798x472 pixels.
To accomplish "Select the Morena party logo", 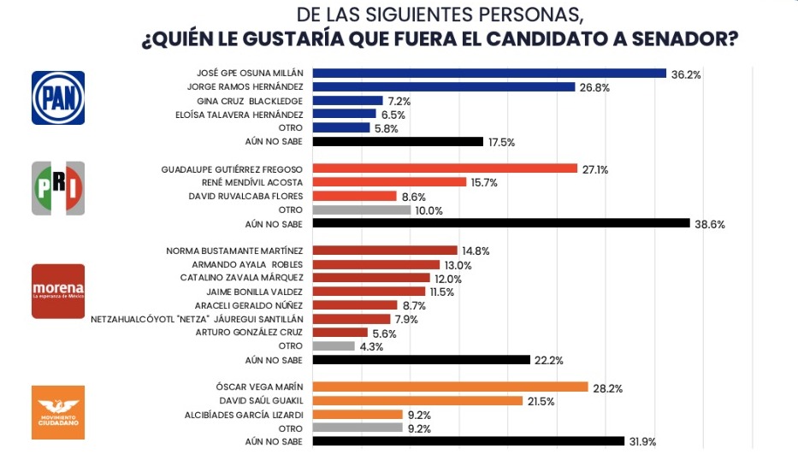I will [x=58, y=291].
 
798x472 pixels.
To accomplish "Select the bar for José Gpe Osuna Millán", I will [x=489, y=74].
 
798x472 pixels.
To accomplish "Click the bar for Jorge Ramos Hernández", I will [x=444, y=86].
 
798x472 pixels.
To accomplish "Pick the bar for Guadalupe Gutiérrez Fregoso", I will [x=446, y=168].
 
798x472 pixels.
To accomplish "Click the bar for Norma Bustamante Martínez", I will [x=386, y=251].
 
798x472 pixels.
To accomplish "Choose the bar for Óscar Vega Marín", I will [x=451, y=387].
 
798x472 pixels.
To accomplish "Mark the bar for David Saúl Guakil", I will [x=418, y=401].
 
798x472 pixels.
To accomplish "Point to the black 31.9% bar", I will [x=469, y=441].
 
